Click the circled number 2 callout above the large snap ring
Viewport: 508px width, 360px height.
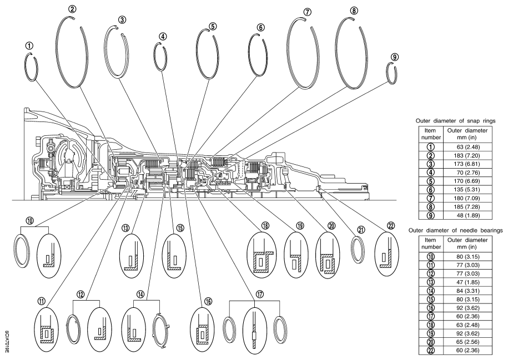coord(72,9)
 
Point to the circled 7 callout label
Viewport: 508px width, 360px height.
coord(307,12)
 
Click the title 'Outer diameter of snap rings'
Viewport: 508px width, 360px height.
coord(455,121)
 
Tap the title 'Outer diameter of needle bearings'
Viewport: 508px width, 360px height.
coord(455,231)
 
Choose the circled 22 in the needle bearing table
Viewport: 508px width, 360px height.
coord(431,350)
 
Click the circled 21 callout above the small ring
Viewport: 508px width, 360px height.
coord(361,230)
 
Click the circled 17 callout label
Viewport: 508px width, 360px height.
coord(259,295)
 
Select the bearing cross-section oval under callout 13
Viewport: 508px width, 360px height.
coord(131,256)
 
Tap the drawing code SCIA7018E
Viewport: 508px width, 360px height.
coord(7,342)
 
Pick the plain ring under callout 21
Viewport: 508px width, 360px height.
coord(358,251)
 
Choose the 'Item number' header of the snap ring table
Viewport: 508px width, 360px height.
coord(431,134)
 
